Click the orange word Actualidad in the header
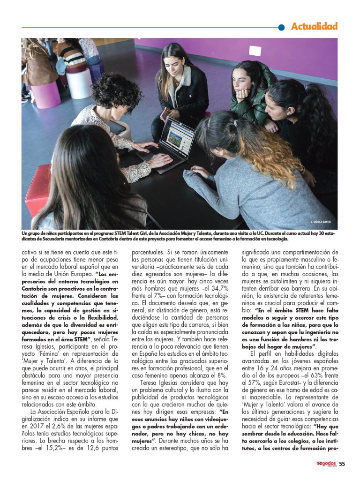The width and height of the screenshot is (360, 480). click(x=314, y=27)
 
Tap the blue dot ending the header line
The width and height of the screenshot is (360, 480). click(x=281, y=28)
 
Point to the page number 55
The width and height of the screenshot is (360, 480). click(x=342, y=464)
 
